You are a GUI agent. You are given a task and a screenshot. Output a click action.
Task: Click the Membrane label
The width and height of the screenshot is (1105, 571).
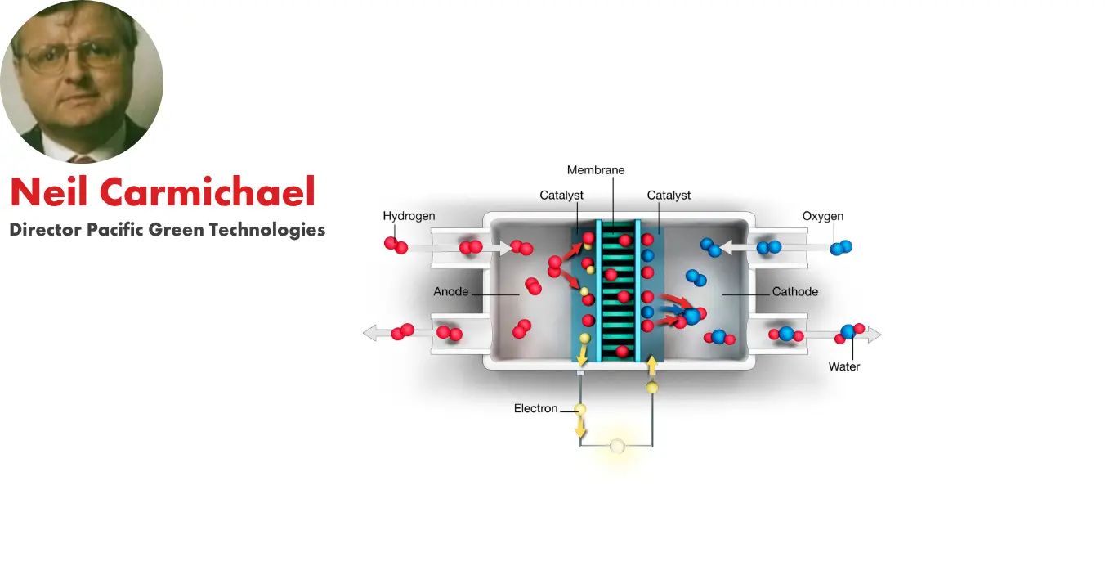[x=596, y=170]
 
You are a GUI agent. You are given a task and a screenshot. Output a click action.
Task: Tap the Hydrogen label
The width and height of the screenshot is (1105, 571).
[x=409, y=216]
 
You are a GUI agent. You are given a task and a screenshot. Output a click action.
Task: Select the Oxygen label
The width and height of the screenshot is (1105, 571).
[x=822, y=216]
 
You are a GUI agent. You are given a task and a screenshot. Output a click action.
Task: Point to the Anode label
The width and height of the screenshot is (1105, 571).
[x=451, y=291]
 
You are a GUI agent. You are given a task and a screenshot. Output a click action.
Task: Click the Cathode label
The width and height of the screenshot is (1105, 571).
[x=794, y=291]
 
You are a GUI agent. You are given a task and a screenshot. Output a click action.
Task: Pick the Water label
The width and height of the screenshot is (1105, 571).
[x=843, y=366]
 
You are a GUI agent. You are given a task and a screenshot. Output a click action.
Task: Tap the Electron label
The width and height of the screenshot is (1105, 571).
[x=535, y=408]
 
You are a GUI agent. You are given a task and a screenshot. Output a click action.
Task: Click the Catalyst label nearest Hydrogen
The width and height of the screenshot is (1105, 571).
[x=561, y=196]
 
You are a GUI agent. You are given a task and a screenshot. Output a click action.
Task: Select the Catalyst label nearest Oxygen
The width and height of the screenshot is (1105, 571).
[x=669, y=196]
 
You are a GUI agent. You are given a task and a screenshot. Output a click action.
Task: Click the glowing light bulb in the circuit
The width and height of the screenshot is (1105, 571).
[x=617, y=446]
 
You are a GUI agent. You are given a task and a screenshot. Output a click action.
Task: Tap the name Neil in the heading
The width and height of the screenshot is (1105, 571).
[x=47, y=192]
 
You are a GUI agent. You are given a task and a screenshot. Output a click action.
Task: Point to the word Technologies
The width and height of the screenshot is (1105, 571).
[x=267, y=230]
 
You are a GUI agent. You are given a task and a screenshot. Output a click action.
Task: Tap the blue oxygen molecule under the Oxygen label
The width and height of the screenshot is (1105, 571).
[x=840, y=247]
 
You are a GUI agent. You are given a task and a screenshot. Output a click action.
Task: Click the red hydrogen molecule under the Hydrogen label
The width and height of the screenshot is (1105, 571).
[x=396, y=245]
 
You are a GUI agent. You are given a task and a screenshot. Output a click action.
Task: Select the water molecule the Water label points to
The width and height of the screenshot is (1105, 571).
[x=848, y=331]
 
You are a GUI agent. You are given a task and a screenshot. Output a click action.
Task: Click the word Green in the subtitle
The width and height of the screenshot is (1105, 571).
[x=176, y=230]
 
